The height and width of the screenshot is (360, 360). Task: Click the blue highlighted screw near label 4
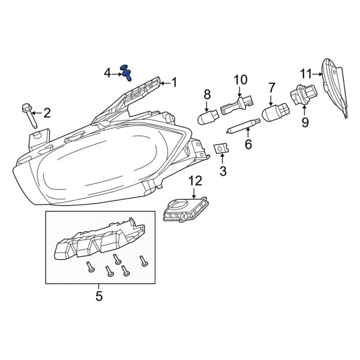click(x=126, y=72)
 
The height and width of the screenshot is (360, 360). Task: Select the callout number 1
click(x=174, y=83)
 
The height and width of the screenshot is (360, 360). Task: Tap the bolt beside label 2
click(x=31, y=118)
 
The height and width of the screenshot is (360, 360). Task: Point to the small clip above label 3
click(x=221, y=148)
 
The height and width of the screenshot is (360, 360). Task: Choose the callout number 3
click(x=223, y=172)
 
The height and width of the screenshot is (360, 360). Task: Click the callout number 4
click(x=107, y=73)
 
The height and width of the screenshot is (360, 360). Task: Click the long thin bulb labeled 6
click(x=242, y=127)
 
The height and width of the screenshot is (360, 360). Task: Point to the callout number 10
click(x=240, y=80)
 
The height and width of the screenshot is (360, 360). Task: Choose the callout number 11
click(x=305, y=74)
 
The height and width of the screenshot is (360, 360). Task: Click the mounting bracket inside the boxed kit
click(x=99, y=242)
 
